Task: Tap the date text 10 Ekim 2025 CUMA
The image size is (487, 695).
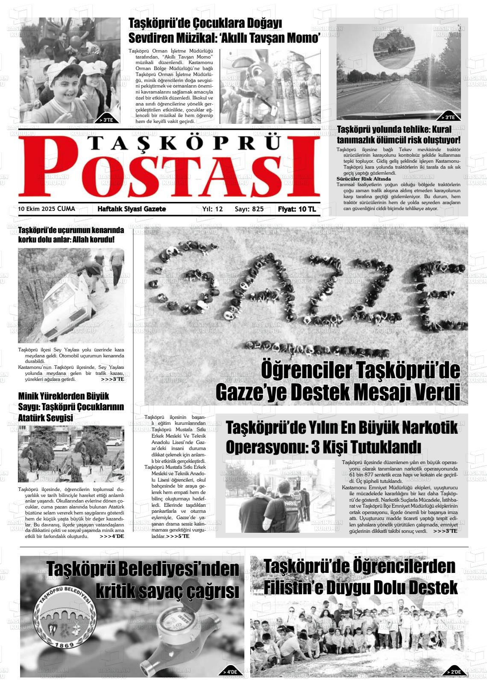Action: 47,209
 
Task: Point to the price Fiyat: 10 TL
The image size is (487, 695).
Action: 296,209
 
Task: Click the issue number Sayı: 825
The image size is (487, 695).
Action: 249,209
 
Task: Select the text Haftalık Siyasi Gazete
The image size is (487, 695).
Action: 132,209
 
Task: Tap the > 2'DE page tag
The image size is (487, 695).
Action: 454,672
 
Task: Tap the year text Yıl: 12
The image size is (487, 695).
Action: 212,209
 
